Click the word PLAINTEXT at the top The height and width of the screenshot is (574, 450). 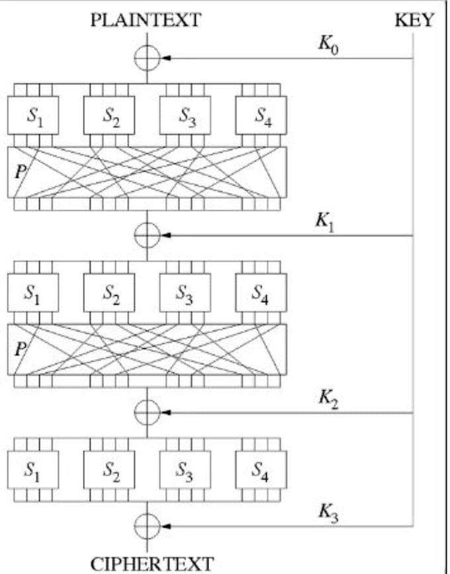click(x=146, y=20)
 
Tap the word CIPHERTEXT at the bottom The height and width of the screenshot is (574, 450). click(x=152, y=563)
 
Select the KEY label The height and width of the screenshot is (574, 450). click(x=414, y=20)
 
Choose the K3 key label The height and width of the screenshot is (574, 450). click(x=328, y=512)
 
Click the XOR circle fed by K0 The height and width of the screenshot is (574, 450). click(x=147, y=58)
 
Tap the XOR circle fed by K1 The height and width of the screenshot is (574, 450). click(x=147, y=235)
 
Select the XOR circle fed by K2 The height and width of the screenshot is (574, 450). click(x=147, y=413)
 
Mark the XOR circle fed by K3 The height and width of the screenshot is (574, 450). click(x=147, y=526)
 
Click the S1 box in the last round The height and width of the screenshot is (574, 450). click(x=33, y=470)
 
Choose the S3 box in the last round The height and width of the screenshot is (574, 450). click(x=185, y=470)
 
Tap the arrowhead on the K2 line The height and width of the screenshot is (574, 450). click(x=166, y=413)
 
